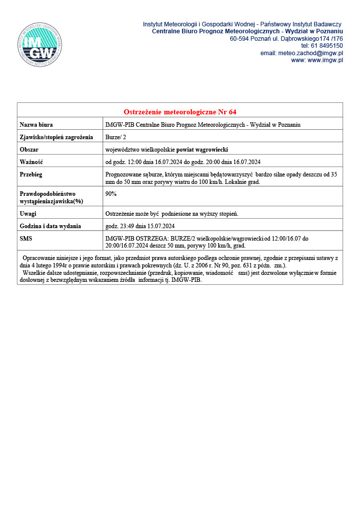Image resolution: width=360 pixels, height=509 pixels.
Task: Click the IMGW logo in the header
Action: point(39,45)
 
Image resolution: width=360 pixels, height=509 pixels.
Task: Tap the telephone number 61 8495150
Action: point(325,46)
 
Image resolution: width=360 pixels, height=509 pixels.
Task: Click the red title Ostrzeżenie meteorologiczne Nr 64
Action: point(180,111)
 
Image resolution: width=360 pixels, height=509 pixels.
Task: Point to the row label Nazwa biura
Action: point(36,125)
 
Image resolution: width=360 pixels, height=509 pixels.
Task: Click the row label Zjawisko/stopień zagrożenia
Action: point(56,137)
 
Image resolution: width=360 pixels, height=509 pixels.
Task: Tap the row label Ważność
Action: point(31,162)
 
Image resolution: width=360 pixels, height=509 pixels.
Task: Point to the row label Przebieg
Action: point(31,174)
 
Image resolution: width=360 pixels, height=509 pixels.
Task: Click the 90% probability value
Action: point(111,194)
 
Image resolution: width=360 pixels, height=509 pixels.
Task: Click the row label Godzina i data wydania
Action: point(50,226)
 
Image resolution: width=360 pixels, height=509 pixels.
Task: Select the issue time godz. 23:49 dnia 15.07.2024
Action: point(140,226)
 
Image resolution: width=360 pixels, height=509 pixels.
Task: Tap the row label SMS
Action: point(26,239)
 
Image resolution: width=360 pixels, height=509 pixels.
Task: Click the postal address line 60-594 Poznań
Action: point(286,38)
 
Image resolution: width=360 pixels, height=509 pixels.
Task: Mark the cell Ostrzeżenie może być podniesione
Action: point(172,214)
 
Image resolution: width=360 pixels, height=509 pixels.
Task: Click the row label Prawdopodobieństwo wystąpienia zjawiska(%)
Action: point(51,197)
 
